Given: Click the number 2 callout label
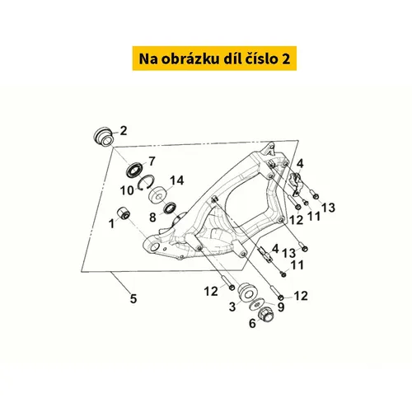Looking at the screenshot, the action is coord(124,131).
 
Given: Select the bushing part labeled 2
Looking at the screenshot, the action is coord(103,137).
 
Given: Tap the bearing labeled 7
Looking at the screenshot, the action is coord(135,171).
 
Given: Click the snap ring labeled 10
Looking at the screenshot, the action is coord(146,182).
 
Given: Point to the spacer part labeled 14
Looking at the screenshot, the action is coord(158,195).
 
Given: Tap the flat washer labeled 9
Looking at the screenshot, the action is coord(257,304).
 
